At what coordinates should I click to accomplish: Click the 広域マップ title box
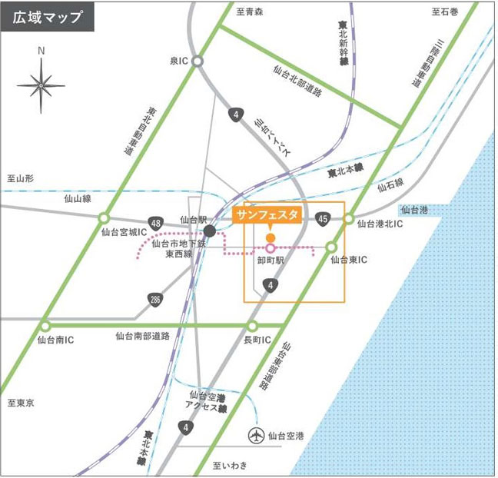point(48,17)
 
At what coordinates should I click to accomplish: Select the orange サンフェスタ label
point(267,214)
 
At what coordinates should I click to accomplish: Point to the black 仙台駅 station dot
point(209,230)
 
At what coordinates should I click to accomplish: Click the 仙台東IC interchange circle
point(332,247)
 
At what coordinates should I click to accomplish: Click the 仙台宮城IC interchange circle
point(104,217)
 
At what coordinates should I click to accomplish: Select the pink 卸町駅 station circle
point(271,247)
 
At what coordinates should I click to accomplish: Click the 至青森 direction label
point(249,12)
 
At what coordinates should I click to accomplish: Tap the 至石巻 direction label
point(445,12)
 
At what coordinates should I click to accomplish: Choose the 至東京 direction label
point(21,402)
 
